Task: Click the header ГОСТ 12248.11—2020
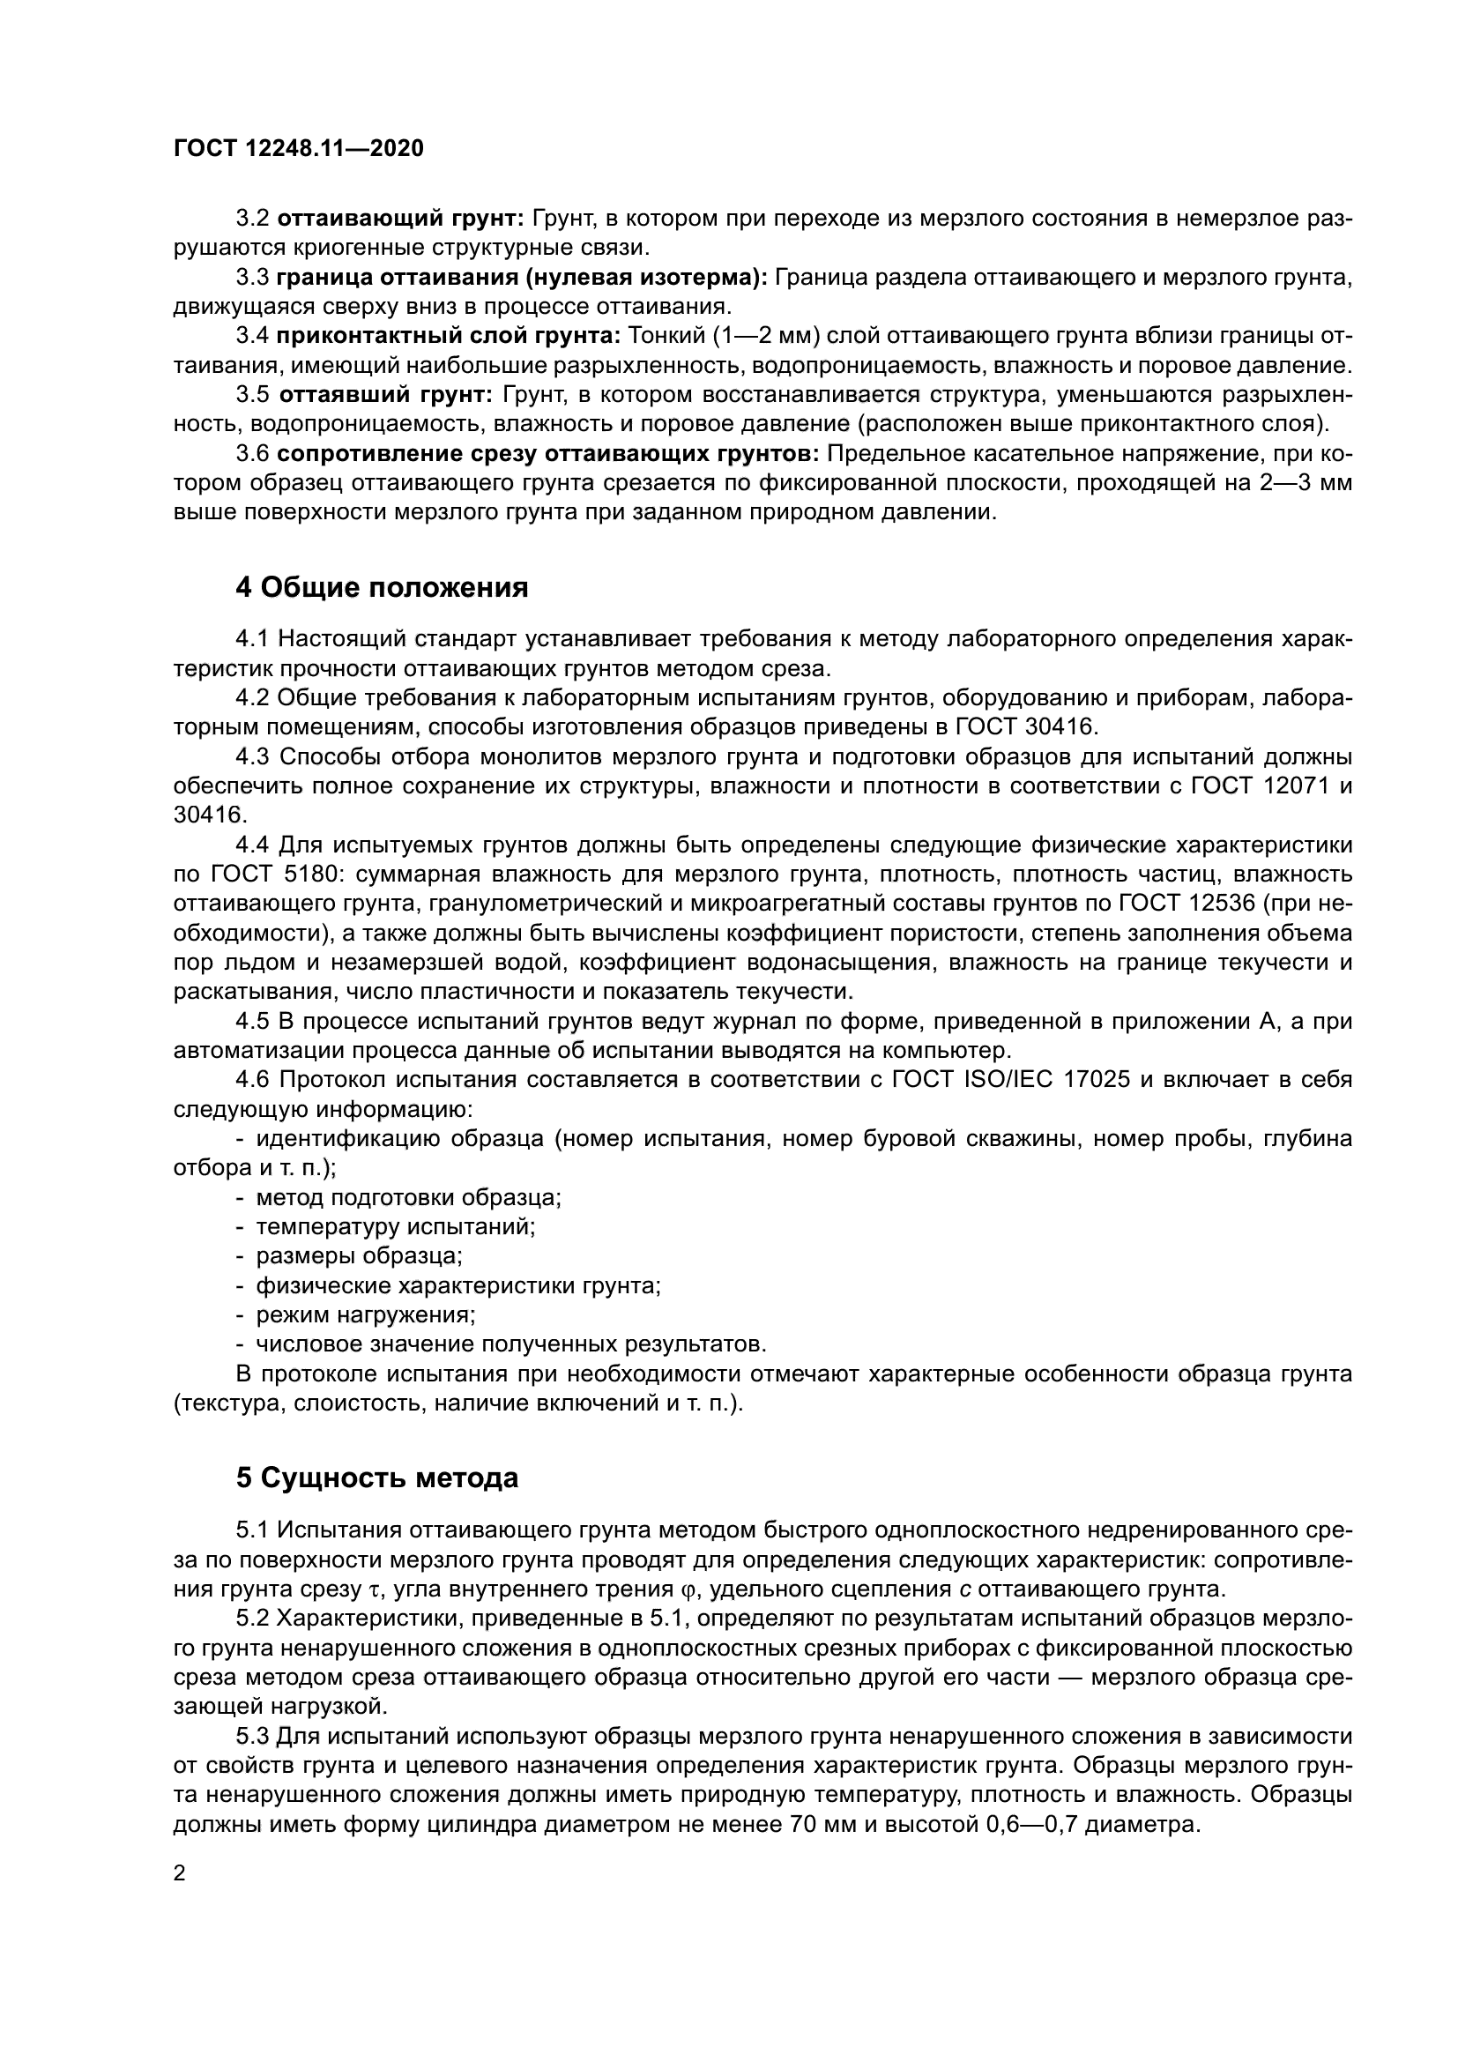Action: [x=298, y=148]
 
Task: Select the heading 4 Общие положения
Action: [x=382, y=588]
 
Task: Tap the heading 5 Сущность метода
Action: [x=377, y=1478]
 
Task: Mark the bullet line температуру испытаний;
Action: [x=396, y=1227]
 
